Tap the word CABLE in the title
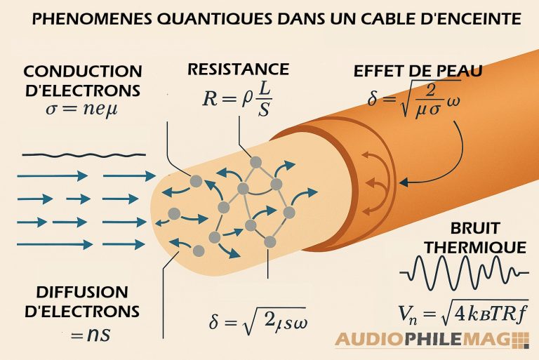tap(390, 20)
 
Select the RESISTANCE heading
tap(238, 69)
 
